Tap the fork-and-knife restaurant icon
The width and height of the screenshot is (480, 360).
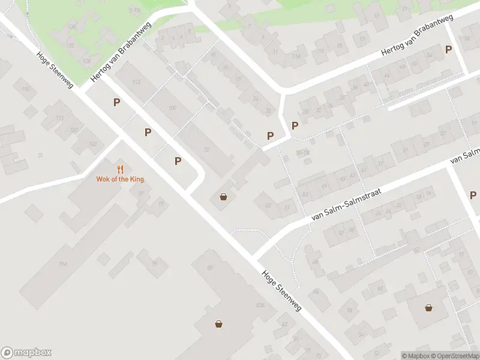[121, 169]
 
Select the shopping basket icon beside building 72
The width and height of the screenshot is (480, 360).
[224, 196]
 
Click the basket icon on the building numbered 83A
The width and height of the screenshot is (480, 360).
[219, 324]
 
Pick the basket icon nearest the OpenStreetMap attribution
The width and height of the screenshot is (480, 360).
[429, 308]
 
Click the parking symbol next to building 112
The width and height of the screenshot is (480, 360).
[116, 103]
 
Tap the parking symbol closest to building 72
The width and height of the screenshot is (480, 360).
[178, 161]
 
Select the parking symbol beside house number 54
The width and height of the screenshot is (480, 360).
[448, 50]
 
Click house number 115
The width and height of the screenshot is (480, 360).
[25, 89]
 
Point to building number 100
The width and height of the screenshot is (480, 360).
[173, 108]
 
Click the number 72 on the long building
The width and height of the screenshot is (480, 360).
[208, 149]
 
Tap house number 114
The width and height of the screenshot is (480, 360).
[295, 56]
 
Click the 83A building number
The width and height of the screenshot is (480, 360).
[260, 305]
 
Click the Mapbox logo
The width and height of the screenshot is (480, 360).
[26, 353]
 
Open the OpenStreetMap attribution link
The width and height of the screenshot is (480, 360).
[455, 356]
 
